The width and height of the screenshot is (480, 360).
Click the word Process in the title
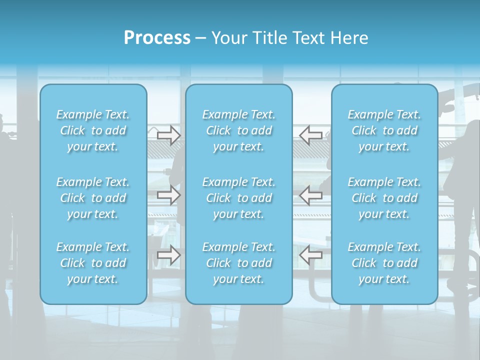(157, 38)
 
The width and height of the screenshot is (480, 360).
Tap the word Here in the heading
(349, 38)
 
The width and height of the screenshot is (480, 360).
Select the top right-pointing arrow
(168, 135)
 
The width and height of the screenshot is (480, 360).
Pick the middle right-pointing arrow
(168, 195)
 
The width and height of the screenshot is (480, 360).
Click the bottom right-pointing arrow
(168, 255)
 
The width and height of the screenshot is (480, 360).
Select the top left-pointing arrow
(311, 135)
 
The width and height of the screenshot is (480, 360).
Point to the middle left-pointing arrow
(311, 195)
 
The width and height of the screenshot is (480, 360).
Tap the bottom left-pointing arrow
(311, 255)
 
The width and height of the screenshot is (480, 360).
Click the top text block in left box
(93, 130)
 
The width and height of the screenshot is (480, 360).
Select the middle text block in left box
(93, 198)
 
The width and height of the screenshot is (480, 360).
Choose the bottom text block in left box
(93, 263)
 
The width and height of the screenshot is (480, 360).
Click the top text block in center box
(239, 130)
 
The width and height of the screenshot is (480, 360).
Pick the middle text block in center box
(239, 198)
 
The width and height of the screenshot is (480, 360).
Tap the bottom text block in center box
(239, 263)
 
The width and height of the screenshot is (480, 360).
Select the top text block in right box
(384, 130)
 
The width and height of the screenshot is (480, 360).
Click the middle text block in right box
(384, 198)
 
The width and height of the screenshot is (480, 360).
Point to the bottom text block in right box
(384, 263)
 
